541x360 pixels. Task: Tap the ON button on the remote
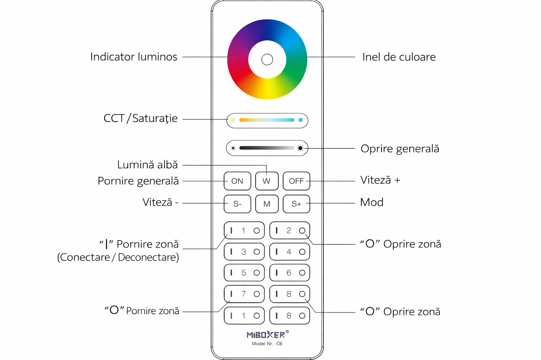[237, 181]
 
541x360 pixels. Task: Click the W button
[267, 181]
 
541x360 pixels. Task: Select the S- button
[237, 204]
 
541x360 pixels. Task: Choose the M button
[267, 204]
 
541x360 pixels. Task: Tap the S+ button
[296, 204]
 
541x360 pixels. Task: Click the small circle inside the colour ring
[267, 59]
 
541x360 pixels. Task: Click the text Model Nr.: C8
[267, 343]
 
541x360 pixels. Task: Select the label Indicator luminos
[133, 57]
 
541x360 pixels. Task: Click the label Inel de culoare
[399, 57]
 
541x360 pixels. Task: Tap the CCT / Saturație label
[140, 118]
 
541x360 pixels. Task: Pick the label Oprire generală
[400, 149]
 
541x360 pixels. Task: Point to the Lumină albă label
[147, 165]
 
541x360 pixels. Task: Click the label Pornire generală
[138, 181]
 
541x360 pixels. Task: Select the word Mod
[372, 202]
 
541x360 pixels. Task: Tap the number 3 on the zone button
[243, 252]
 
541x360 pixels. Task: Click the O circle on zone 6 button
[302, 273]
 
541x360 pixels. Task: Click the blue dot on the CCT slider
[300, 120]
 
